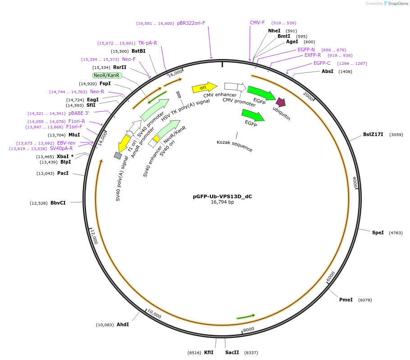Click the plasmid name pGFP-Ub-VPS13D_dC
tap(222, 196)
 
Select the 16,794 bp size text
tap(222, 202)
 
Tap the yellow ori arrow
tap(204, 87)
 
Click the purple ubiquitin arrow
tap(281, 102)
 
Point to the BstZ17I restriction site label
tap(373, 134)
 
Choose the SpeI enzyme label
tap(378, 232)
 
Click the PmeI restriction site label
tap(346, 300)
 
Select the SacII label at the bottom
tap(232, 352)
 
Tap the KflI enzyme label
tap(209, 352)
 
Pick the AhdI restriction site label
tap(123, 324)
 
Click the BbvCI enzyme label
tap(58, 203)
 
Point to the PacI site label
tap(63, 173)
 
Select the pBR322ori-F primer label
tap(191, 23)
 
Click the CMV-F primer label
tap(257, 23)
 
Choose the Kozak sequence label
tap(234, 146)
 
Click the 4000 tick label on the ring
tap(355, 182)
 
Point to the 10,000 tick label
tap(154, 314)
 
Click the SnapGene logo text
tap(398, 4)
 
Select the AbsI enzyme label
tap(328, 71)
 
